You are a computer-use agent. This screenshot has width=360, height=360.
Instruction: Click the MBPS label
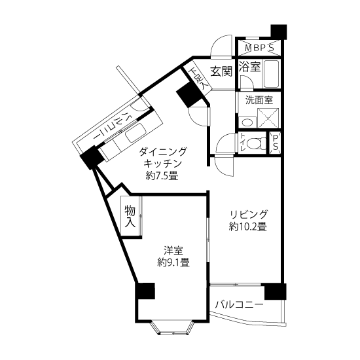pyautogui.click(x=259, y=48)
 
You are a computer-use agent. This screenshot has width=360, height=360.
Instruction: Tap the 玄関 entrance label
pyautogui.click(x=221, y=71)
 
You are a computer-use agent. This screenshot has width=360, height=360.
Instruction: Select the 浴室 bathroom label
pyautogui.click(x=250, y=66)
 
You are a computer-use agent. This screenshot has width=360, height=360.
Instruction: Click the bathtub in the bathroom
pyautogui.click(x=271, y=73)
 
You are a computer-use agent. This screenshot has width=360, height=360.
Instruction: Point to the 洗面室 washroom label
pyautogui.click(x=259, y=100)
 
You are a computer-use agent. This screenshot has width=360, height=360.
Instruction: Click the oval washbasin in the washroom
pyautogui.click(x=247, y=122)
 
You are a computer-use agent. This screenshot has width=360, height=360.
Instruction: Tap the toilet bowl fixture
pyautogui.click(x=256, y=143)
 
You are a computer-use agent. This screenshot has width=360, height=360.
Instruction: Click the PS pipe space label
pyautogui.click(x=276, y=142)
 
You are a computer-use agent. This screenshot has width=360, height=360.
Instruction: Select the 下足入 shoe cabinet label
pyautogui.click(x=198, y=79)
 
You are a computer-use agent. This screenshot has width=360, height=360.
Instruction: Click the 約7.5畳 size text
pyautogui.click(x=162, y=175)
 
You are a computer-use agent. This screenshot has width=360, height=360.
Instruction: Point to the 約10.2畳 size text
pyautogui.click(x=247, y=227)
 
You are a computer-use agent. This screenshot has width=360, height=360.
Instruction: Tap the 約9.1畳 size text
pyautogui.click(x=173, y=262)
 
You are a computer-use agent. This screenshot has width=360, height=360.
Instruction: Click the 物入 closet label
pyautogui.click(x=130, y=217)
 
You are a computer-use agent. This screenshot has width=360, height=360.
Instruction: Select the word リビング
pyautogui.click(x=249, y=214)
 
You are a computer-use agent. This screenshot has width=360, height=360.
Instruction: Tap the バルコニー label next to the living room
pyautogui.click(x=239, y=305)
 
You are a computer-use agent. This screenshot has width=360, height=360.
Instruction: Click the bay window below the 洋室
pyautogui.click(x=173, y=327)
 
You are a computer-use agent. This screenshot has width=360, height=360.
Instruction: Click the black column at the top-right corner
pyautogui.click(x=279, y=31)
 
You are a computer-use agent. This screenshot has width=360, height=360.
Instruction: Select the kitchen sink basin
pyautogui.click(x=136, y=132)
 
